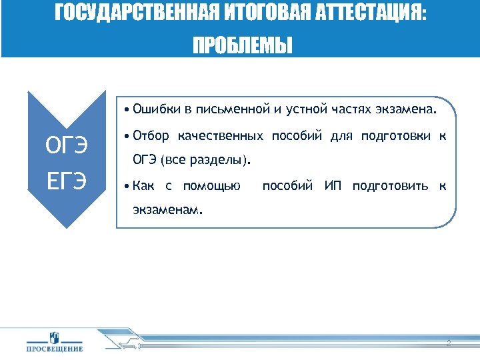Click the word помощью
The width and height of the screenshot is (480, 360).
point(211,185)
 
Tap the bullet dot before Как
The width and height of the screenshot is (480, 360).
point(126,185)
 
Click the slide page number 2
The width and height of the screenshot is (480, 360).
point(449,343)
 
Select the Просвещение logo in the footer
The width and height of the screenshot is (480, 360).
point(55,341)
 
